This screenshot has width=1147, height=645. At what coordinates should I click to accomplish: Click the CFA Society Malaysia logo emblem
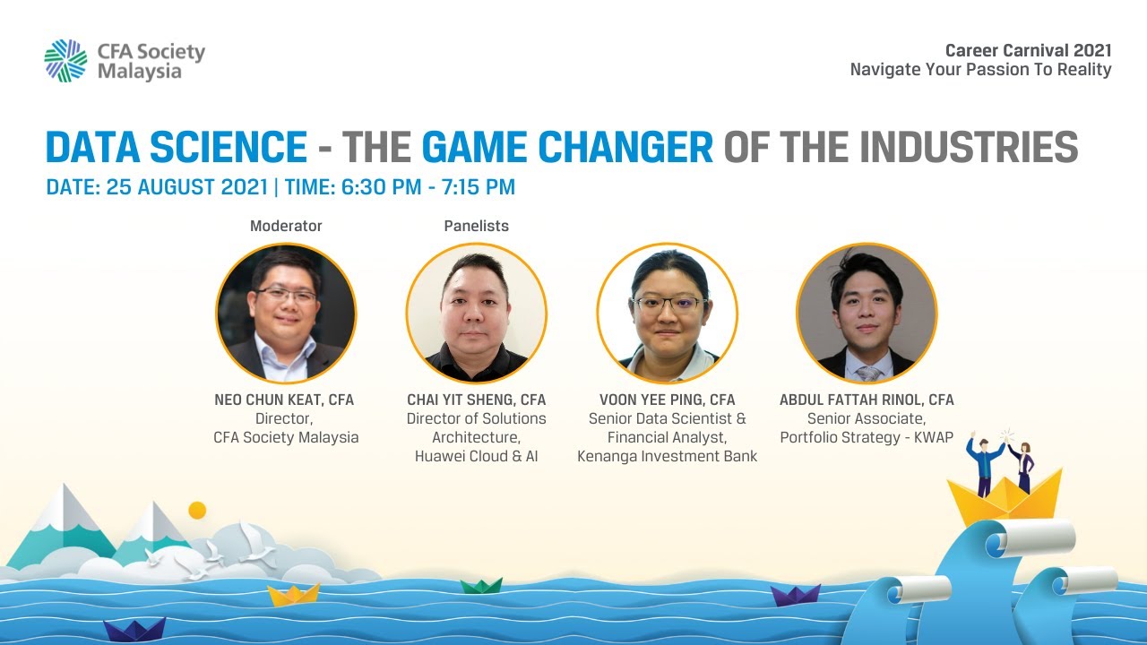[65, 60]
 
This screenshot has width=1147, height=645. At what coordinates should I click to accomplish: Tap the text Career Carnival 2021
[1028, 50]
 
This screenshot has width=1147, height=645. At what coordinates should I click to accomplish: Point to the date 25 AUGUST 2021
[186, 187]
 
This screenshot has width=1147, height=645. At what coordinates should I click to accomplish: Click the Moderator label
[286, 226]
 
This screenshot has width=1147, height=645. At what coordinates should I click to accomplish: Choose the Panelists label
[476, 226]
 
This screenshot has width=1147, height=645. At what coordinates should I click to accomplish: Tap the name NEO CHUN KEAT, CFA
[284, 400]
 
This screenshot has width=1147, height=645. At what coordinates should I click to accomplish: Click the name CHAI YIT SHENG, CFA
[476, 400]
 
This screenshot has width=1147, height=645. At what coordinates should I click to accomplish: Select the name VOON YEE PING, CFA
[667, 400]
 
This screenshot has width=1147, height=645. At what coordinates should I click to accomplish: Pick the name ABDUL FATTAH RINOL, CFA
[867, 400]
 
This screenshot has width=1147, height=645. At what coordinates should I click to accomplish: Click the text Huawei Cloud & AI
[476, 457]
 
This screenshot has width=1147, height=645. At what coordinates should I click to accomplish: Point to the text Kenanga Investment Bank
[667, 457]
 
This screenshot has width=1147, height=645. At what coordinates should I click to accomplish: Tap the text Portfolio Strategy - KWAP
[867, 437]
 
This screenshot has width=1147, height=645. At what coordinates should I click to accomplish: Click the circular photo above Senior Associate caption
[867, 313]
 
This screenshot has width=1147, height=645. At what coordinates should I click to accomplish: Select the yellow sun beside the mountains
[197, 510]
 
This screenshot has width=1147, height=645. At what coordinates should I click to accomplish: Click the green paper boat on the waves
[481, 585]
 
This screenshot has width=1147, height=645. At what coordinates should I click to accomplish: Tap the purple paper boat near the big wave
[795, 594]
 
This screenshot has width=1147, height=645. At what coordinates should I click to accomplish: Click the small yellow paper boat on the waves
[294, 594]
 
